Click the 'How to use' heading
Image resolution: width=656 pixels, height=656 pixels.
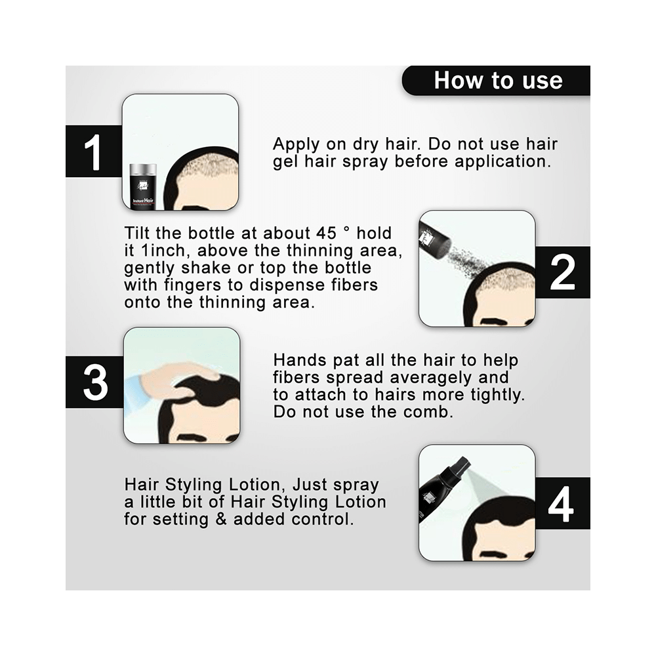coord(498,80)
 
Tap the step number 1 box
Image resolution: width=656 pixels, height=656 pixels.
coord(94,151)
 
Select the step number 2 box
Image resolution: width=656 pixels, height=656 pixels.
coord(563,272)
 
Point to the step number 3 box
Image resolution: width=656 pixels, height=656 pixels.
coord(94,382)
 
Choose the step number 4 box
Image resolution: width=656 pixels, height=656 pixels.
coord(563,503)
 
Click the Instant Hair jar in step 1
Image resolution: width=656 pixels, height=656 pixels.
coord(144,186)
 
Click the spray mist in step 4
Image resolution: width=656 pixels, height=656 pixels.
coord(485,489)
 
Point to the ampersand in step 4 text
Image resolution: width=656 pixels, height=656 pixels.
coord(220,519)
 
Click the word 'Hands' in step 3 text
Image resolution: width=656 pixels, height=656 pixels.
coord(300,359)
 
